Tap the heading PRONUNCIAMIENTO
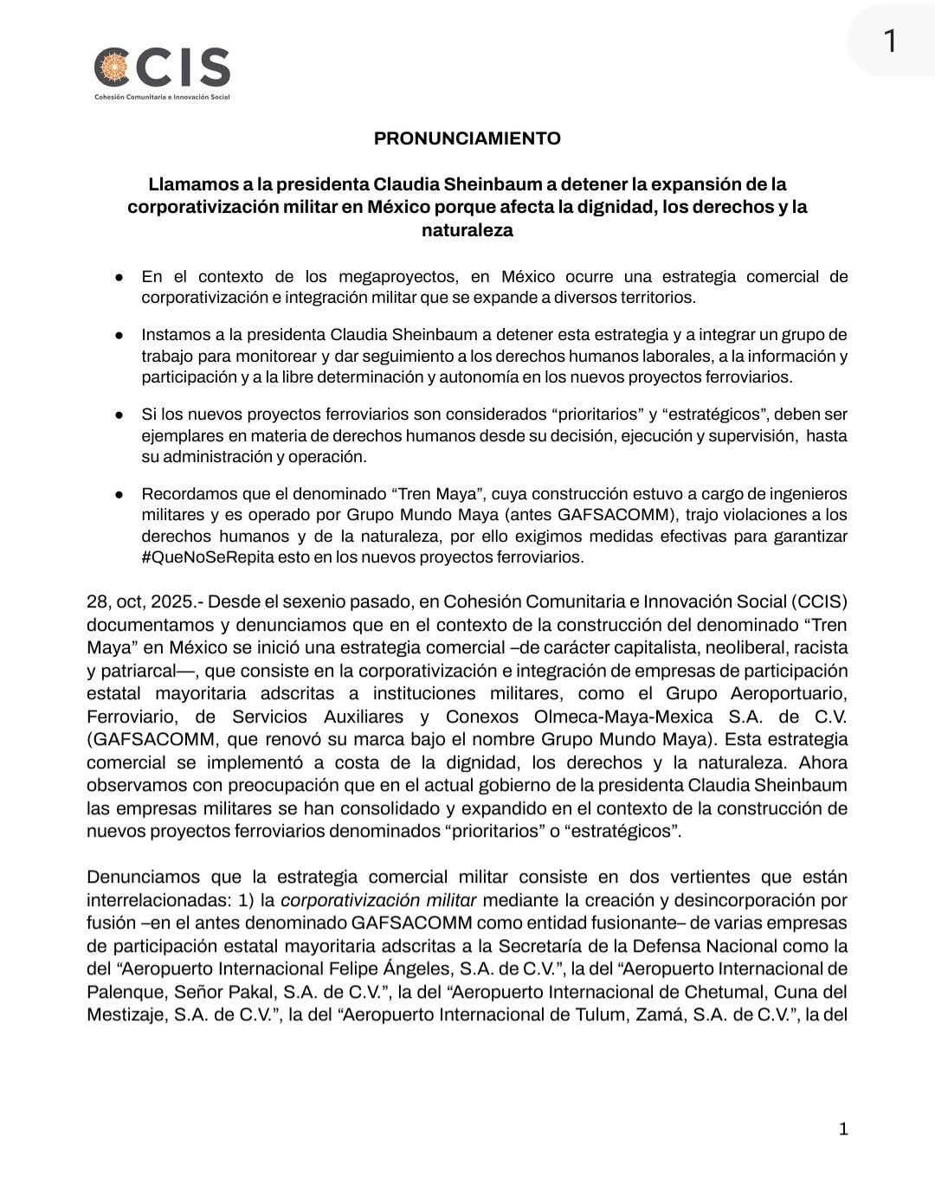(467, 138)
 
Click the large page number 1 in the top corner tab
(889, 41)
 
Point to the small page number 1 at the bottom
(843, 1129)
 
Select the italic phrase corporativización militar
(378, 900)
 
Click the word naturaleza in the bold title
(467, 230)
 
